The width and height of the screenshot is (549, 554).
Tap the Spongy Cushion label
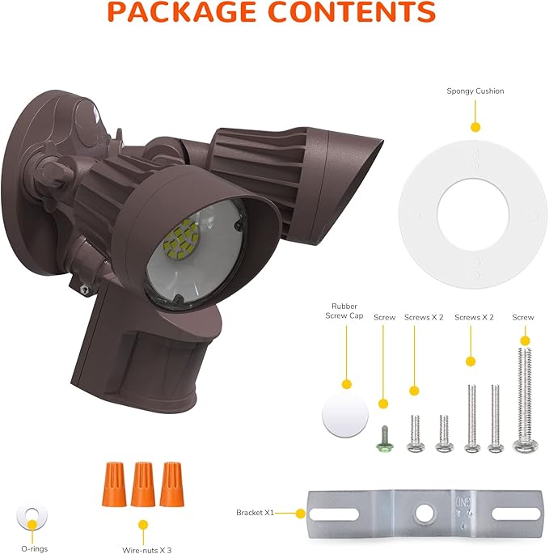click(475, 91)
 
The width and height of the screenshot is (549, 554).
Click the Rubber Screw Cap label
click(346, 311)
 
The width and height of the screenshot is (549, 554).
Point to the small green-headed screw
click(386, 440)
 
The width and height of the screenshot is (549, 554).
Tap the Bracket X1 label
click(256, 513)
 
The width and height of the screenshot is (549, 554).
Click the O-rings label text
click(34, 549)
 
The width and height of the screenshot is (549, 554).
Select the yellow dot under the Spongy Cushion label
click(475, 127)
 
